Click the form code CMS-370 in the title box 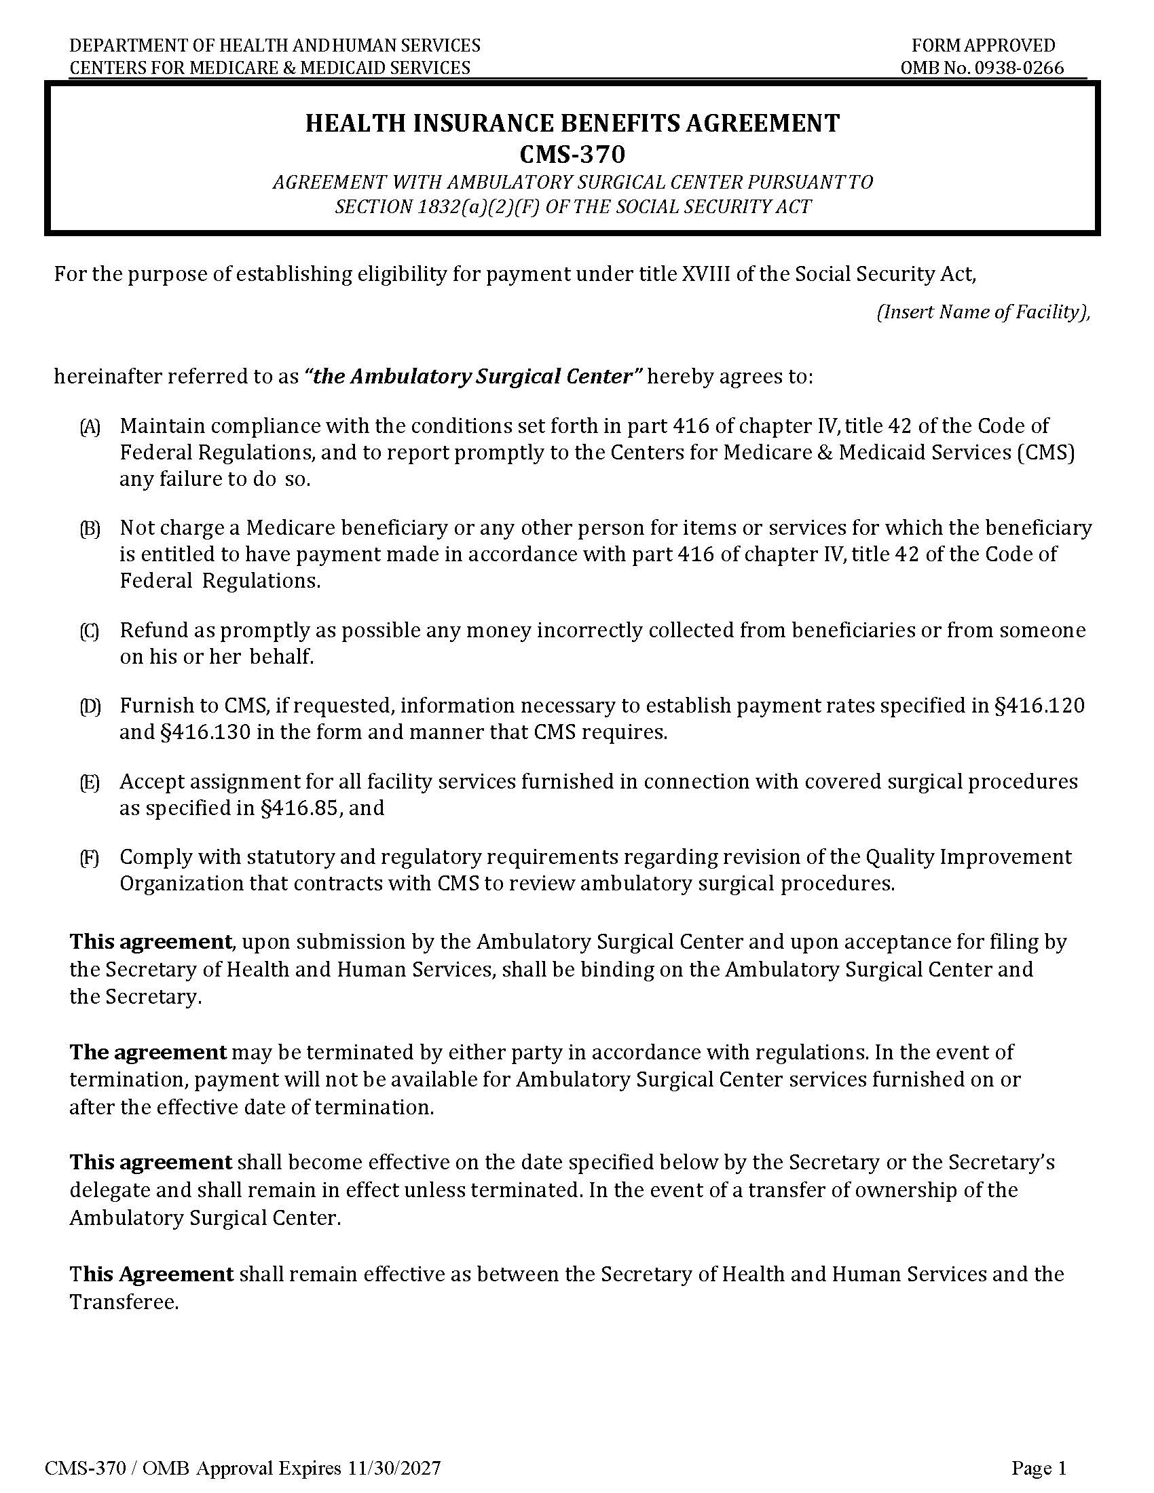(x=572, y=155)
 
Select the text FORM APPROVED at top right (x=983, y=45)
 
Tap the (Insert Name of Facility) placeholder (x=983, y=312)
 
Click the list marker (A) (x=90, y=428)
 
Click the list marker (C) (x=90, y=631)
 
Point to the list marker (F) (x=90, y=858)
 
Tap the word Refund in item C (x=151, y=630)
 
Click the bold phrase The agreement (x=148, y=1051)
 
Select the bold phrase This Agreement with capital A (x=151, y=1274)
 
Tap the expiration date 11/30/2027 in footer (x=393, y=1468)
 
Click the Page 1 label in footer (x=1039, y=1468)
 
